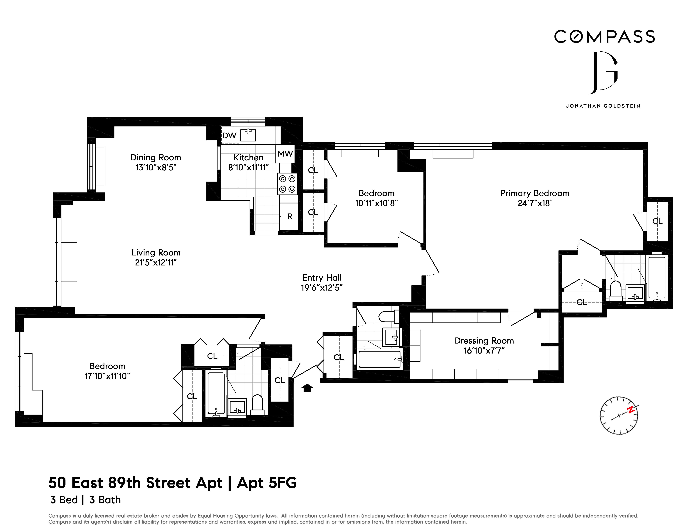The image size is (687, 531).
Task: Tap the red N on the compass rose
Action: tap(630, 410)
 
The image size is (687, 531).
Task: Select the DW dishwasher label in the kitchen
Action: tap(229, 136)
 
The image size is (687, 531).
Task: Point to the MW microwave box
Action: tap(285, 154)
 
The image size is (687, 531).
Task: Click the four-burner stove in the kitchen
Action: tap(287, 184)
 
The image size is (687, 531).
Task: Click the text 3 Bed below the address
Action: tap(64, 500)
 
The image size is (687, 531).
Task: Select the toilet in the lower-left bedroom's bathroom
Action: tap(257, 405)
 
